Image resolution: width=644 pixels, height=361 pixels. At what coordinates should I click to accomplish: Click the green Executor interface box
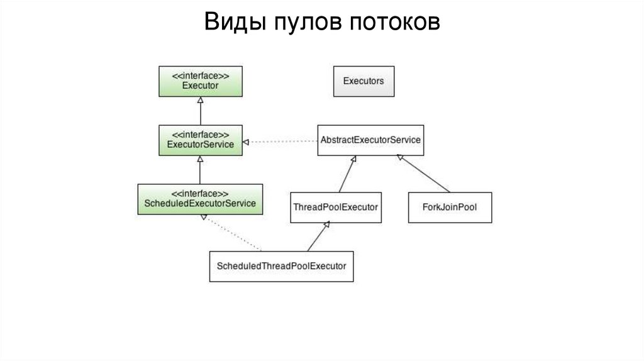point(200,81)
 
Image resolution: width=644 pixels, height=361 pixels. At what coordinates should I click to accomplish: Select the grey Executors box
point(364,81)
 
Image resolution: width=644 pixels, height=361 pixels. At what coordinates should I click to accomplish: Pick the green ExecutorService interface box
point(200,140)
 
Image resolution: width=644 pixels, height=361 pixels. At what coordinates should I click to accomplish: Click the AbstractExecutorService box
point(370,140)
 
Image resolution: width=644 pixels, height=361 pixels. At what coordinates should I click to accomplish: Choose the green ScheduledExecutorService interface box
point(200,199)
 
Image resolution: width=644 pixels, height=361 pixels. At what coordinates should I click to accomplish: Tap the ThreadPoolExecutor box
point(336,207)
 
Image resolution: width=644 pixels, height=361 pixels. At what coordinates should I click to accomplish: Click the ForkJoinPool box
point(450,207)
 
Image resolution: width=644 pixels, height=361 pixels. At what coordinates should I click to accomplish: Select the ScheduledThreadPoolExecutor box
point(281,266)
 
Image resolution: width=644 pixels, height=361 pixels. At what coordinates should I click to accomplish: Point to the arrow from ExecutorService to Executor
point(200,111)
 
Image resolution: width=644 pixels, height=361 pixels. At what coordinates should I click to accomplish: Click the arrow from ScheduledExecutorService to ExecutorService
point(200,169)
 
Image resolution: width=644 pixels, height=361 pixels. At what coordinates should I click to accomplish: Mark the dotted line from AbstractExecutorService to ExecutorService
point(280,142)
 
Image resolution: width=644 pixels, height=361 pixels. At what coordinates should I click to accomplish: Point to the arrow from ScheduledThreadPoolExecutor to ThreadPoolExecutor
point(318,237)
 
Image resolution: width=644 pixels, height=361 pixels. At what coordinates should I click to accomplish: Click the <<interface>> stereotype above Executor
point(200,75)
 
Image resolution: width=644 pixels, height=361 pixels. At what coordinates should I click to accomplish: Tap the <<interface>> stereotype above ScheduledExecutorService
point(200,193)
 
